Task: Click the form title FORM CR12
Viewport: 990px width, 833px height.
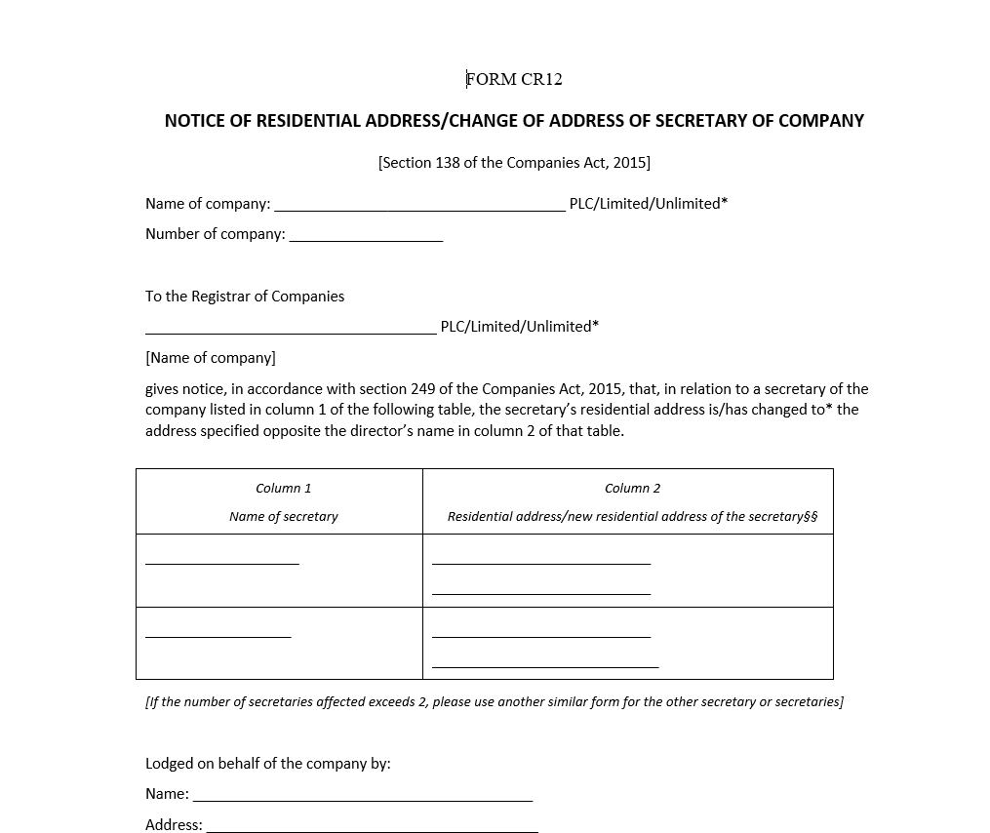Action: point(514,79)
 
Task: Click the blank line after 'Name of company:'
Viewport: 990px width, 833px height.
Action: point(419,209)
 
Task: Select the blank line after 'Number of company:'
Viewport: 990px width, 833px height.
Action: point(366,239)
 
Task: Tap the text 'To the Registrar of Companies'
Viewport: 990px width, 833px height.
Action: point(245,296)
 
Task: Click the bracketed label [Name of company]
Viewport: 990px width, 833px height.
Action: point(211,358)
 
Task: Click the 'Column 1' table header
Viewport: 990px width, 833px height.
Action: point(283,488)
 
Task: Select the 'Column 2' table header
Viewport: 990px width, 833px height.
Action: point(632,488)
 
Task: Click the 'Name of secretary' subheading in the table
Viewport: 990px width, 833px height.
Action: point(283,516)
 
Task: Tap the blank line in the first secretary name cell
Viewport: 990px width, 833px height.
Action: point(222,563)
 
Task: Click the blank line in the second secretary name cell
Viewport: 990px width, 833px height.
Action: point(218,636)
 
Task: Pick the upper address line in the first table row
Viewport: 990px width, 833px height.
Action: point(540,563)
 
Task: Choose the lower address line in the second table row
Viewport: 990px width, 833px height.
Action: point(545,666)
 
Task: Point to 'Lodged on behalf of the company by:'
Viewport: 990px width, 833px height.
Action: point(268,763)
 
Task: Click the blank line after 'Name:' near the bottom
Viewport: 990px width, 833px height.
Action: point(363,799)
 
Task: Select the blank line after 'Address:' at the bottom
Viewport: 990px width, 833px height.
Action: point(372,830)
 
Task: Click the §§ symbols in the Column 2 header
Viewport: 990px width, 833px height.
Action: point(811,516)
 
